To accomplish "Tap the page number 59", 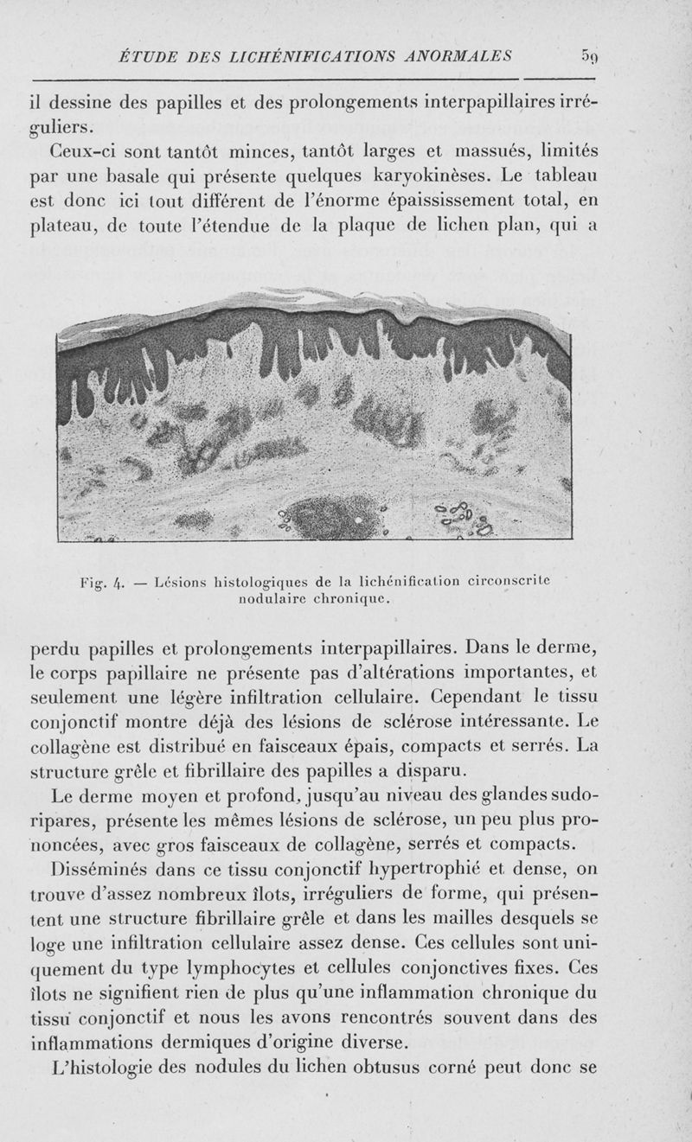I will coord(590,57).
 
